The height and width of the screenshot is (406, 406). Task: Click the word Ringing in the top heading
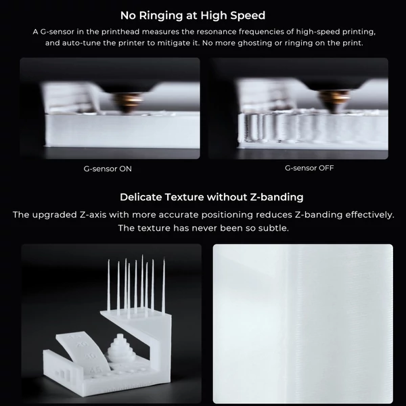161,16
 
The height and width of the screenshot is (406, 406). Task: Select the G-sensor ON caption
108,168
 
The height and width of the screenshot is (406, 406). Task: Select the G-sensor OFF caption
309,168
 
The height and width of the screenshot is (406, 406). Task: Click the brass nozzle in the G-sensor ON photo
128,102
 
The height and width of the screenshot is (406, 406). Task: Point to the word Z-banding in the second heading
277,198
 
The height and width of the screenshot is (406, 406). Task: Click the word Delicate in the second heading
141,198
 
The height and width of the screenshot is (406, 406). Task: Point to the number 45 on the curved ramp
95,370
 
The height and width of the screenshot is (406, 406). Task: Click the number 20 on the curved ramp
83,344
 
